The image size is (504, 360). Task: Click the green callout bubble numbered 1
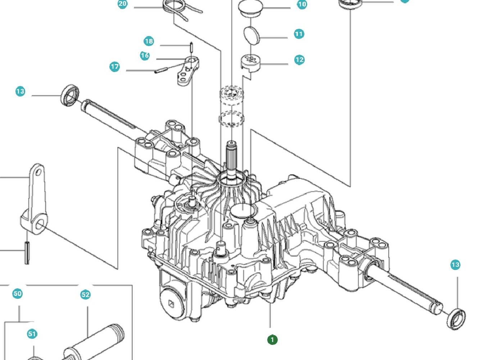272,339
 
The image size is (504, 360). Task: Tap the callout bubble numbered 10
302,4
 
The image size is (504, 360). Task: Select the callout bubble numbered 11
299,34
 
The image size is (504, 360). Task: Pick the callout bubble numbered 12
299,60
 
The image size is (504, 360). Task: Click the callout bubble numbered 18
149,41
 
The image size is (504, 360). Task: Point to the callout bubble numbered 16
145,55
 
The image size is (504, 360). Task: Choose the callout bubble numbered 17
114,67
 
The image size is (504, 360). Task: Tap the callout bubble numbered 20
123,4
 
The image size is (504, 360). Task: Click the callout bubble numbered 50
17,294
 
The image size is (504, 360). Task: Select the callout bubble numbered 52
85,295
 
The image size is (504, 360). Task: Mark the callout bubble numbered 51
32,334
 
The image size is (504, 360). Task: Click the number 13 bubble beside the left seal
20,91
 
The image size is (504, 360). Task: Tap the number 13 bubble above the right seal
455,265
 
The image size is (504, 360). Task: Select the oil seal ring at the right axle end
456,319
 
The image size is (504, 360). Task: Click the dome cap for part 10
250,8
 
